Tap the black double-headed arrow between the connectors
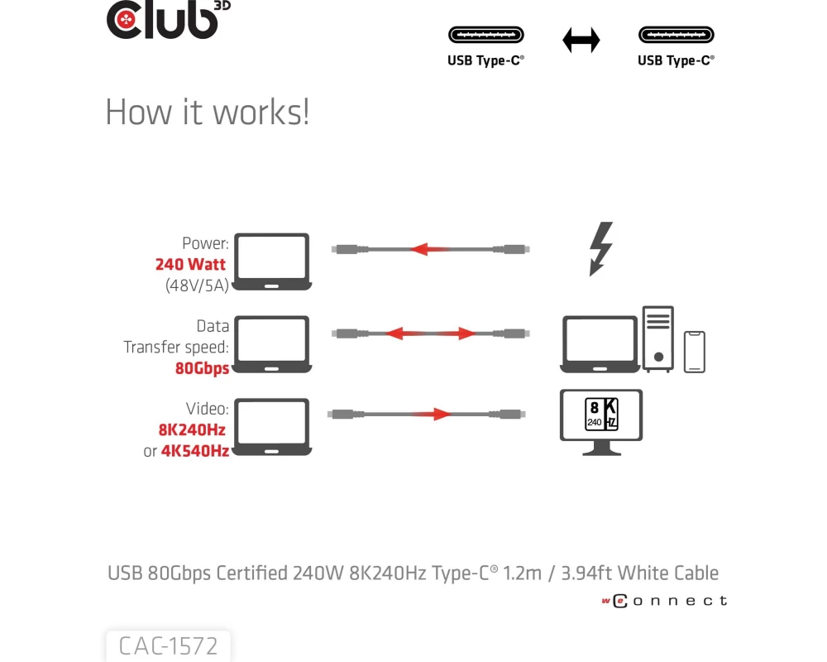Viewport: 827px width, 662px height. pos(581,40)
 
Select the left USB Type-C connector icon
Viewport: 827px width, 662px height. pos(486,36)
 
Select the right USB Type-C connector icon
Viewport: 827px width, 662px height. pos(676,36)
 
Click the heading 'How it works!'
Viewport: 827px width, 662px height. pos(208,113)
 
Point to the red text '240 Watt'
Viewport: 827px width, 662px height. pos(190,265)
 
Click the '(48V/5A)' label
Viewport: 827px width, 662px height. pos(197,285)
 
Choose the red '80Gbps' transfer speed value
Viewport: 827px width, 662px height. pos(202,368)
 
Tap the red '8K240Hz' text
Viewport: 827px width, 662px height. pos(192,430)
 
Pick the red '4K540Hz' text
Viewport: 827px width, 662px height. pos(194,451)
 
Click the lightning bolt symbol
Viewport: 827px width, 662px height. pos(601,248)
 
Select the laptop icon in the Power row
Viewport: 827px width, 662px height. pos(271,261)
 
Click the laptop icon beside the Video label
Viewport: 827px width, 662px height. pos(271,427)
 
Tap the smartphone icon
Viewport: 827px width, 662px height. pos(695,352)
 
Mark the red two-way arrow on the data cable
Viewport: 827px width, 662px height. pos(431,333)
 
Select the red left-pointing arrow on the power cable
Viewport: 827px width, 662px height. pos(431,248)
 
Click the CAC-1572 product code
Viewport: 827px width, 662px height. pos(168,645)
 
